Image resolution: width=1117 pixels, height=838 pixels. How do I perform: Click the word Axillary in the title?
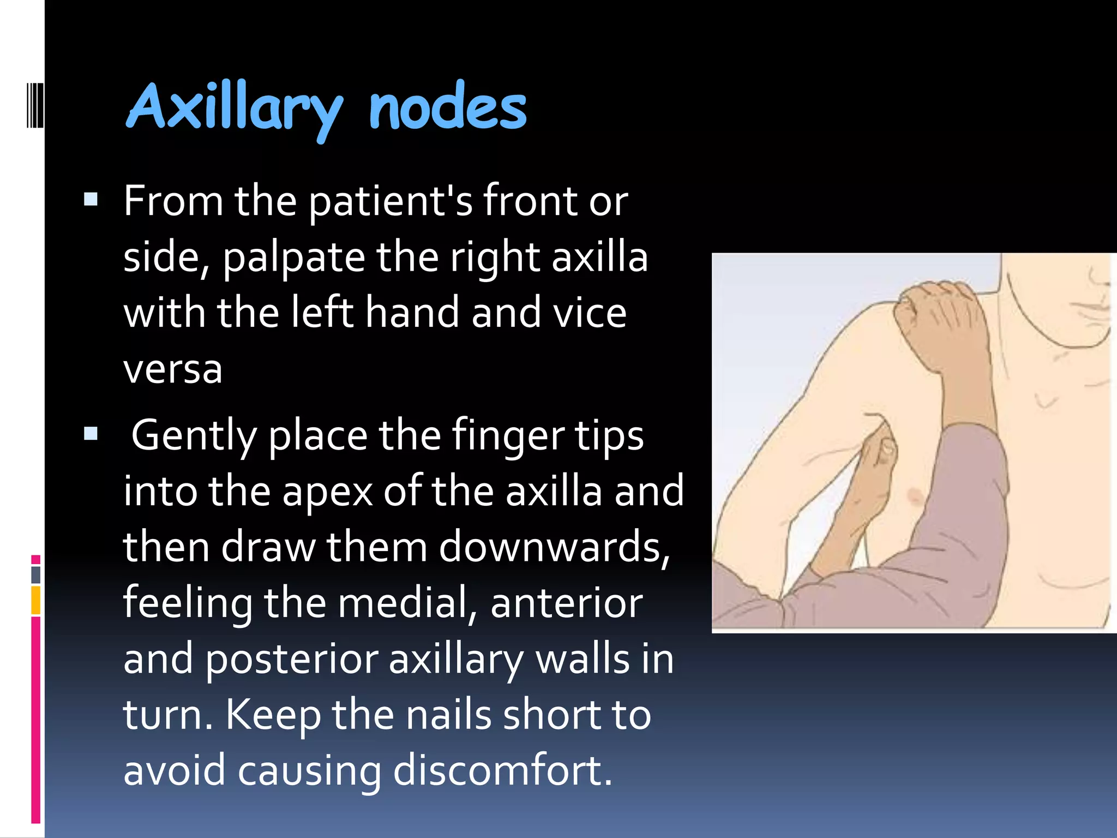[235, 108]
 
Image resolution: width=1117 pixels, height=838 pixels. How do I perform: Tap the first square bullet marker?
[91, 199]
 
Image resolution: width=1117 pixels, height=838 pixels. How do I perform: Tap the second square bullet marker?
[91, 434]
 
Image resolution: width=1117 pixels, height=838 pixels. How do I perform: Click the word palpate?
[293, 258]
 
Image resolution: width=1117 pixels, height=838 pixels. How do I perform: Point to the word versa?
[173, 369]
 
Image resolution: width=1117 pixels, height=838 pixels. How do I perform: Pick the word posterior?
[292, 660]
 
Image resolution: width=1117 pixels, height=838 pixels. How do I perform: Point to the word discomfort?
[502, 770]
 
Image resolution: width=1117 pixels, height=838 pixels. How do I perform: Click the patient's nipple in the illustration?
[915, 496]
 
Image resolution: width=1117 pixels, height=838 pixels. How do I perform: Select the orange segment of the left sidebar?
[36, 600]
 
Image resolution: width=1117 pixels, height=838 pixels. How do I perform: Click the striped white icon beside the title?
[35, 105]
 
